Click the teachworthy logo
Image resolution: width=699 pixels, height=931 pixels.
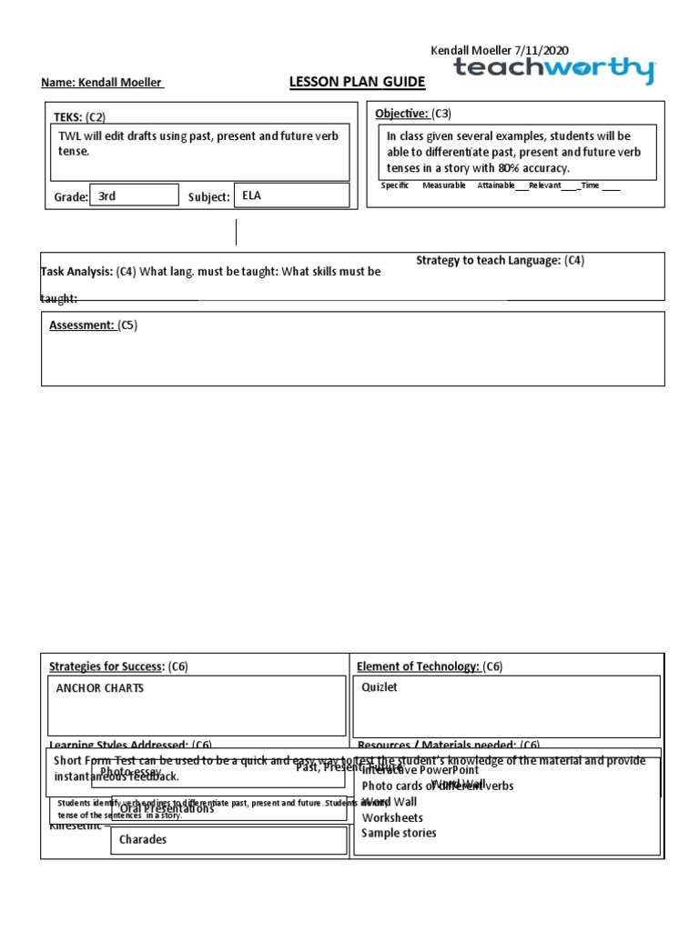point(553,70)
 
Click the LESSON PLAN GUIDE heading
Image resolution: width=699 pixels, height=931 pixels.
point(357,83)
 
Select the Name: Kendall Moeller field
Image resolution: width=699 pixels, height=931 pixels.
point(102,84)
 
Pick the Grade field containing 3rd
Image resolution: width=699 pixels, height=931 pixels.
point(133,195)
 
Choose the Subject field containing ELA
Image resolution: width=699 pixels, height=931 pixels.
point(291,195)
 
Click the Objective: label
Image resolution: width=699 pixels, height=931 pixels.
point(401,114)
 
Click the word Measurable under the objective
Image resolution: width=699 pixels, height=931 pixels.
point(443,185)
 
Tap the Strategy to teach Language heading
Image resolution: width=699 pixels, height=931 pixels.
point(488,261)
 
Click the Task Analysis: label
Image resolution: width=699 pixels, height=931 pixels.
point(76,272)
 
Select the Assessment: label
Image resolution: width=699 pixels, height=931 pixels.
point(81,325)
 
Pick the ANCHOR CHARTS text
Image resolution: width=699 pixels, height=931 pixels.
point(100,688)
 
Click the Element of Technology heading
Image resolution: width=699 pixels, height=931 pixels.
point(418,666)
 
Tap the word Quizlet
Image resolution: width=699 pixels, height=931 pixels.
point(380,687)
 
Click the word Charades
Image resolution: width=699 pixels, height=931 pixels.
point(143,839)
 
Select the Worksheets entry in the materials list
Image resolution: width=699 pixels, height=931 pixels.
point(392,817)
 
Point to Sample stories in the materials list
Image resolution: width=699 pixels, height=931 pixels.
point(399,833)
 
